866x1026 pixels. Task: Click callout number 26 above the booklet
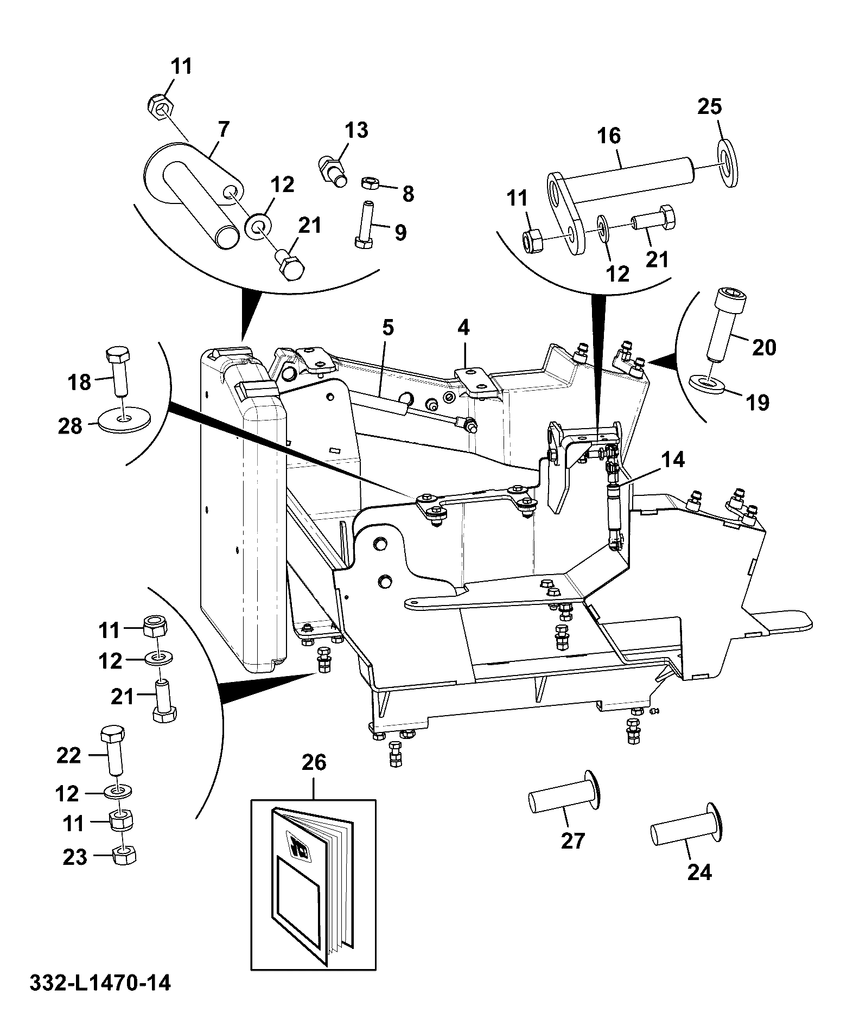pyautogui.click(x=314, y=762)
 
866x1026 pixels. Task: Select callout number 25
pyautogui.click(x=710, y=106)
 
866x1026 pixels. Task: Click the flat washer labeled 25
pyautogui.click(x=728, y=163)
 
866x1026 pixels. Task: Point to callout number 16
pyautogui.click(x=609, y=136)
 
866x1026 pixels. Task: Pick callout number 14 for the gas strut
pyautogui.click(x=673, y=460)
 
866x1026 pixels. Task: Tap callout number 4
pyautogui.click(x=463, y=327)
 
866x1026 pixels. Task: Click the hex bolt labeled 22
pyautogui.click(x=113, y=750)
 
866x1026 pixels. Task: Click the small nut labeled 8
pyautogui.click(x=369, y=183)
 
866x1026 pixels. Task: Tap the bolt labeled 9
pyautogui.click(x=364, y=224)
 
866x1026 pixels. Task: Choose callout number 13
pyautogui.click(x=356, y=130)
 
